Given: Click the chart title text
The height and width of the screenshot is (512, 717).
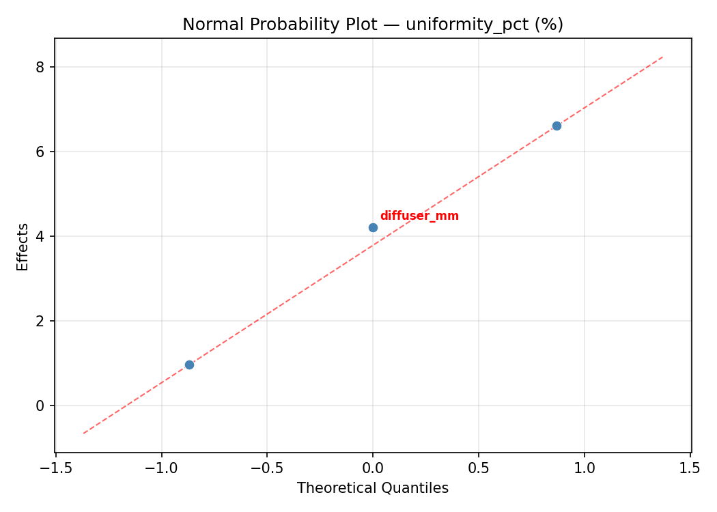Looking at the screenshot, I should pyautogui.click(x=373, y=25).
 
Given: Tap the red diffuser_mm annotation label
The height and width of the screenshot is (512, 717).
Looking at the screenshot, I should pyautogui.click(x=419, y=216).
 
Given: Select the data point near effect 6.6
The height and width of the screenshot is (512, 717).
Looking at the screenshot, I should pyautogui.click(x=557, y=126).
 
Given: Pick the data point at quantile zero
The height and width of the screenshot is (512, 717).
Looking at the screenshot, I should pyautogui.click(x=373, y=227).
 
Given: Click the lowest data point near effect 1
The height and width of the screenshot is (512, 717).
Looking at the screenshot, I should pyautogui.click(x=189, y=365).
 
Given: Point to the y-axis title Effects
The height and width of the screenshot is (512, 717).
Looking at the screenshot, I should pyautogui.click(x=23, y=246).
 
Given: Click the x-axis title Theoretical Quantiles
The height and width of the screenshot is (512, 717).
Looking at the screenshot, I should pyautogui.click(x=373, y=488).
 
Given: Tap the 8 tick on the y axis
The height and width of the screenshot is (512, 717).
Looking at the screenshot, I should pyautogui.click(x=41, y=67).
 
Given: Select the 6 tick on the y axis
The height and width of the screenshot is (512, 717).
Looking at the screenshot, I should pyautogui.click(x=41, y=152).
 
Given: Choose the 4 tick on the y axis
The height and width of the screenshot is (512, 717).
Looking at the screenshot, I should pyautogui.click(x=41, y=236).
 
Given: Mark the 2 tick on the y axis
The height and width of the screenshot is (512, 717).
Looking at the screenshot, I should pyautogui.click(x=41, y=321).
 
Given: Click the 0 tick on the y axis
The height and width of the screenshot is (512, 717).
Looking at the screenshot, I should pyautogui.click(x=41, y=406).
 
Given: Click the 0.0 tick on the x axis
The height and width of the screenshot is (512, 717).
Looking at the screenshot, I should pyautogui.click(x=373, y=468).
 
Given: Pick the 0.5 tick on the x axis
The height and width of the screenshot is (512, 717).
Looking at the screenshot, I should pyautogui.click(x=479, y=468).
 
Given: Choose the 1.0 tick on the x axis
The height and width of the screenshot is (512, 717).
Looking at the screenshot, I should pyautogui.click(x=585, y=468).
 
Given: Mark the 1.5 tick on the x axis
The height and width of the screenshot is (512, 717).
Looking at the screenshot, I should pyautogui.click(x=690, y=468).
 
